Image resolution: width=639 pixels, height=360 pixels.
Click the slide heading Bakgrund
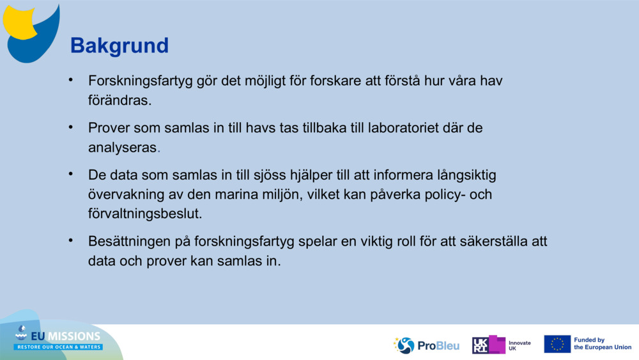pos(119,45)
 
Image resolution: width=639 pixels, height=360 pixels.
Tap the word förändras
pos(119,100)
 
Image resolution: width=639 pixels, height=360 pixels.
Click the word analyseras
pos(122,147)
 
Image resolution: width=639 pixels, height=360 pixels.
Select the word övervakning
pos(125,194)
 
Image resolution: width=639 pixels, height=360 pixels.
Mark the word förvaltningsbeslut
pos(145,213)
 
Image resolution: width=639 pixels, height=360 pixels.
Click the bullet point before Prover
pos(72,127)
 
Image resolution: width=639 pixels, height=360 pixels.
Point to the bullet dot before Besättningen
pos(72,241)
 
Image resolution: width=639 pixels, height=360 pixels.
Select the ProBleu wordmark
pos(438,345)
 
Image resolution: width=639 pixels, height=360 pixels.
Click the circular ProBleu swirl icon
pos(405,345)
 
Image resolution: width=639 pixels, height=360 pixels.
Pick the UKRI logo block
pos(489,345)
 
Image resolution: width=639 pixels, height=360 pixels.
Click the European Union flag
pos(557,344)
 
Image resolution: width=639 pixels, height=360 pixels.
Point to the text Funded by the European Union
pos(602,344)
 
